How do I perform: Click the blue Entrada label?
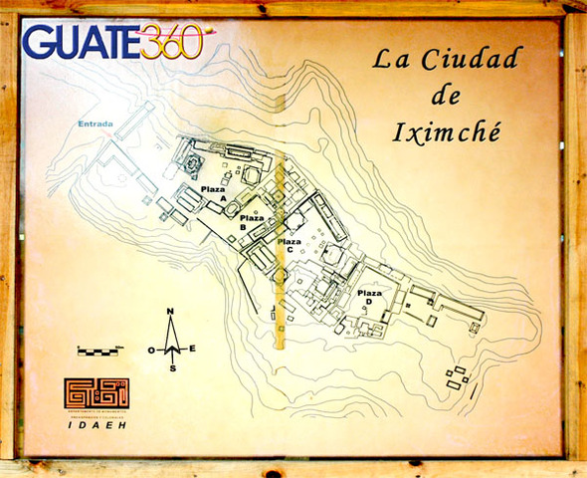pos(98,123)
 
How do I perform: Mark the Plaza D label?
pos(368,296)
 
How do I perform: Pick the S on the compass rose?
pos(172,367)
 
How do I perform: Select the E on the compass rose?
pos(192,349)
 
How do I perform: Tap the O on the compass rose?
pos(151,350)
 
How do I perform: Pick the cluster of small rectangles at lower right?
pos(458,377)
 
